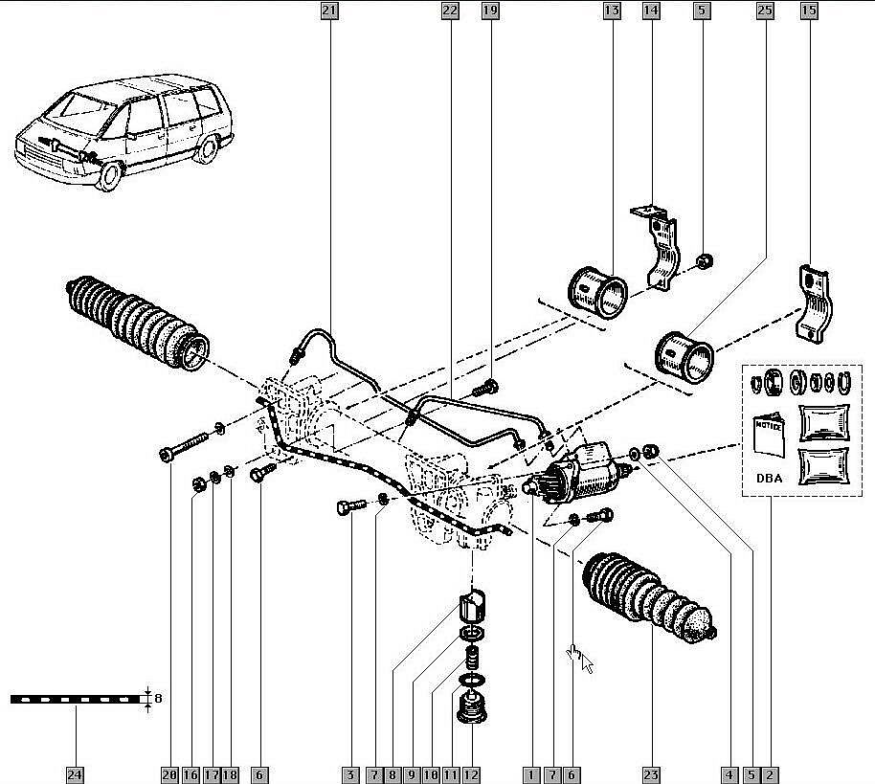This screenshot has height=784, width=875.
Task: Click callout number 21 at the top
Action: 329,11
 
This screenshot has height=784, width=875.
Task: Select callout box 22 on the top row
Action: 450,11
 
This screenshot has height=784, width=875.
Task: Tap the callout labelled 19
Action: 490,11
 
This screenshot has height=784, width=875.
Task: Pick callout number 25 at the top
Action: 764,11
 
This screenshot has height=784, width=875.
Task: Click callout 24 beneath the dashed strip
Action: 75,773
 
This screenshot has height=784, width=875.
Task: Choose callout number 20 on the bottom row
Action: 170,773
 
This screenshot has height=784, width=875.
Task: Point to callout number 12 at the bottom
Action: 471,773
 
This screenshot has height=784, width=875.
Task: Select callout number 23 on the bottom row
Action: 652,773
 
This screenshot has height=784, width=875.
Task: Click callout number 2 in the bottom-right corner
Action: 769,773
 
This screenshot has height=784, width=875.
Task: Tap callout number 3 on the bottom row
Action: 351,773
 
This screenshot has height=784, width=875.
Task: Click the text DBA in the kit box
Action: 768,478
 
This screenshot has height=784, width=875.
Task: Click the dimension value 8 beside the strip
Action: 158,699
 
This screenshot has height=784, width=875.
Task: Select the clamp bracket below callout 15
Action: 815,304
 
